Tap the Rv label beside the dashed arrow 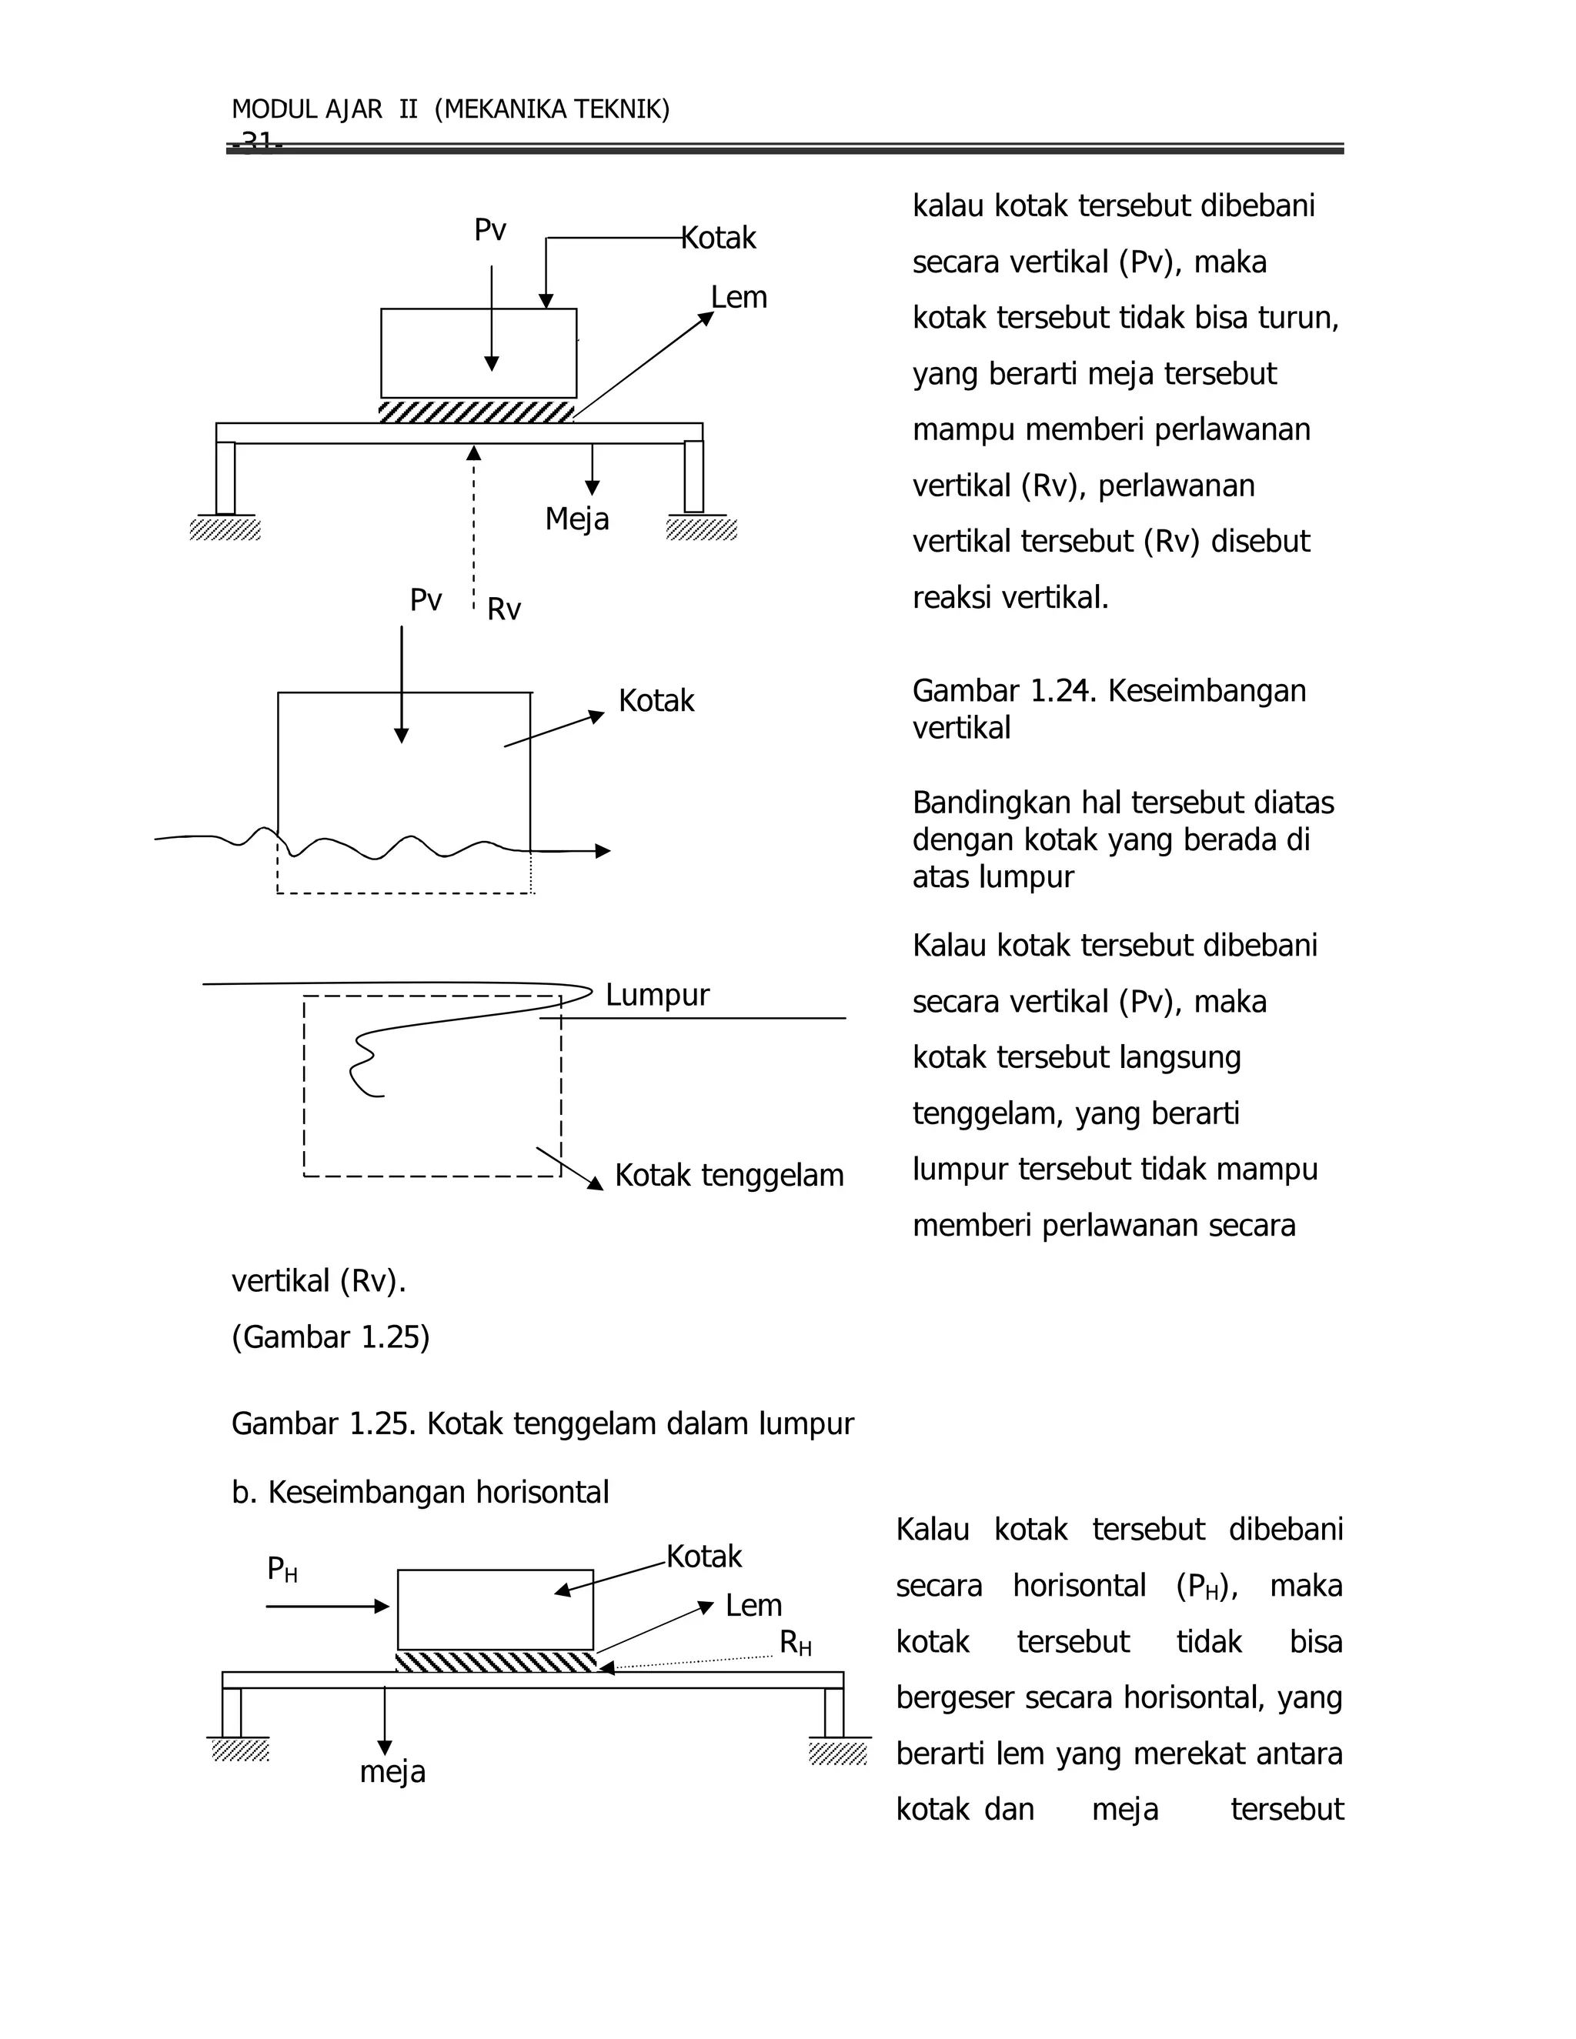504,609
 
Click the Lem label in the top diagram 739,298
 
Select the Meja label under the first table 577,519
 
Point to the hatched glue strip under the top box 476,412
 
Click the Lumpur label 657,995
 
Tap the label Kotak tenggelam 730,1176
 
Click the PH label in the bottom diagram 282,1570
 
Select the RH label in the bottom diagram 796,1644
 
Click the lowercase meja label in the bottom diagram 392,1772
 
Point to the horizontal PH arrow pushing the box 327,1606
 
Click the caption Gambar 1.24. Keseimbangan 1108,691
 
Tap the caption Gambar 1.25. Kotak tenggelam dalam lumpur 543,1423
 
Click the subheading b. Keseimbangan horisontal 420,1492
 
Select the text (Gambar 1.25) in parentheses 330,1337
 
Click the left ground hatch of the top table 225,529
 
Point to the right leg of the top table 693,477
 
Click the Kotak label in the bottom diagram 704,1557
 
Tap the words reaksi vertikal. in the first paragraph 1010,598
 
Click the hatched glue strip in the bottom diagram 496,1662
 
